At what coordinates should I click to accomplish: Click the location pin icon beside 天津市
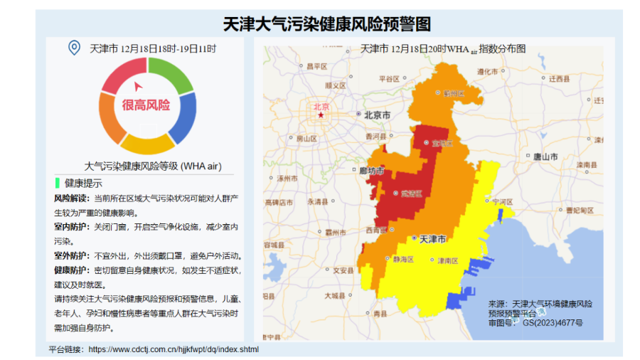pos(73,48)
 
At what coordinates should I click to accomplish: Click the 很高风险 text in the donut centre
pos(146,105)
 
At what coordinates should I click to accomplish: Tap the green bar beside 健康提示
pos(57,183)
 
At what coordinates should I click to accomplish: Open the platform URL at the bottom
pos(174,349)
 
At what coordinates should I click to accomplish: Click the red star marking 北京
pos(321,115)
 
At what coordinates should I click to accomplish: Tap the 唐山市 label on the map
pos(545,157)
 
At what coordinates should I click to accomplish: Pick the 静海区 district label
pos(402,260)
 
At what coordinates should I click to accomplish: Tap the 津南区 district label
pos(447,260)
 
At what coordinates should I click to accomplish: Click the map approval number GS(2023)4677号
pos(553,322)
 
